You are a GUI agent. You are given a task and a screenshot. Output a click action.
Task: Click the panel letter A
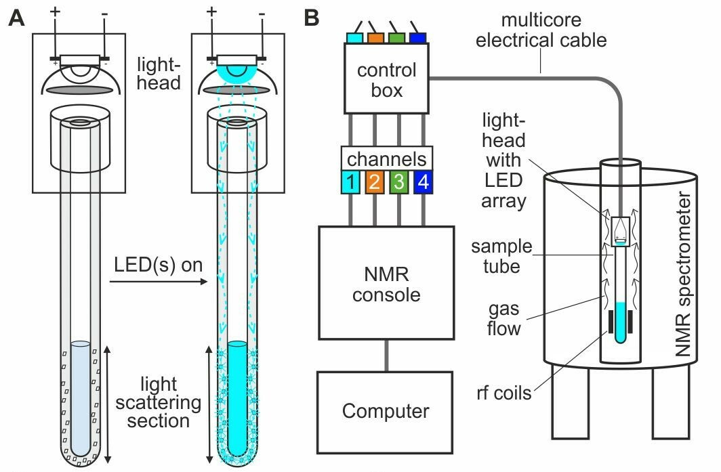[x=16, y=18]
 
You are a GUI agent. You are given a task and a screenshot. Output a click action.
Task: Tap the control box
[x=386, y=79]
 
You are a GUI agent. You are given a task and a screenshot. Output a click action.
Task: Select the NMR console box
[x=386, y=282]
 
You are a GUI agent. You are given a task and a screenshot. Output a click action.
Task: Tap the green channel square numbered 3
[x=399, y=181]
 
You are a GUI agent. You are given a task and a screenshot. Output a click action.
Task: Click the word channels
[x=387, y=159]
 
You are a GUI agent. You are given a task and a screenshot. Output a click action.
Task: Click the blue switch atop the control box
[x=418, y=37]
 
